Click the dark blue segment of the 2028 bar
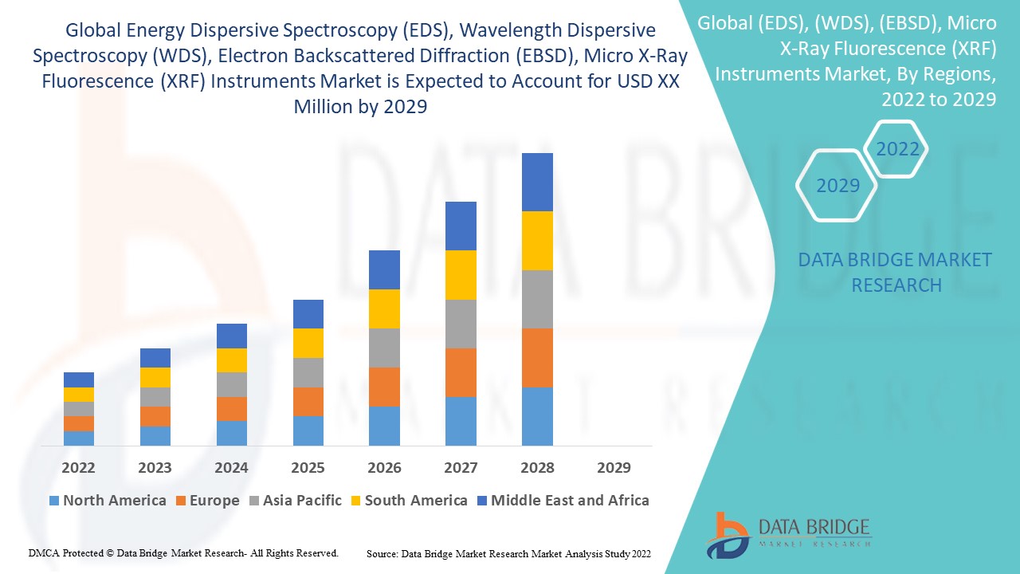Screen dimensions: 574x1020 tap(537, 182)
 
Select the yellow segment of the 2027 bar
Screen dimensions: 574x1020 tap(461, 275)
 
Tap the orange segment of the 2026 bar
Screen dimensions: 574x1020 tap(384, 387)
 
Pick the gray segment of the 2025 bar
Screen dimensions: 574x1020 tap(308, 372)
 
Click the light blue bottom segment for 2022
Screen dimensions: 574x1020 tap(79, 438)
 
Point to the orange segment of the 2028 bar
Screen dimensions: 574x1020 tap(537, 357)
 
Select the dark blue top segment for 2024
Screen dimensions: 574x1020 tap(232, 336)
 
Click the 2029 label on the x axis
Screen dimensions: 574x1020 tap(614, 468)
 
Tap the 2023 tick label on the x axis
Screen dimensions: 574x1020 tap(155, 468)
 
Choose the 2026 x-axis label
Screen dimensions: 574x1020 tap(384, 468)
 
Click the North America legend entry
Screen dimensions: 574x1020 tap(107, 501)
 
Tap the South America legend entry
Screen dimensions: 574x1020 tap(408, 501)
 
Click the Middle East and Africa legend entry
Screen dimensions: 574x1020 tap(562, 501)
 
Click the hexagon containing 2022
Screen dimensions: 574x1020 tap(897, 149)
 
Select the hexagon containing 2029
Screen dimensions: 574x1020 tap(838, 186)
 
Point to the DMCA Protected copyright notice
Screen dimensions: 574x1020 tap(184, 552)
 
